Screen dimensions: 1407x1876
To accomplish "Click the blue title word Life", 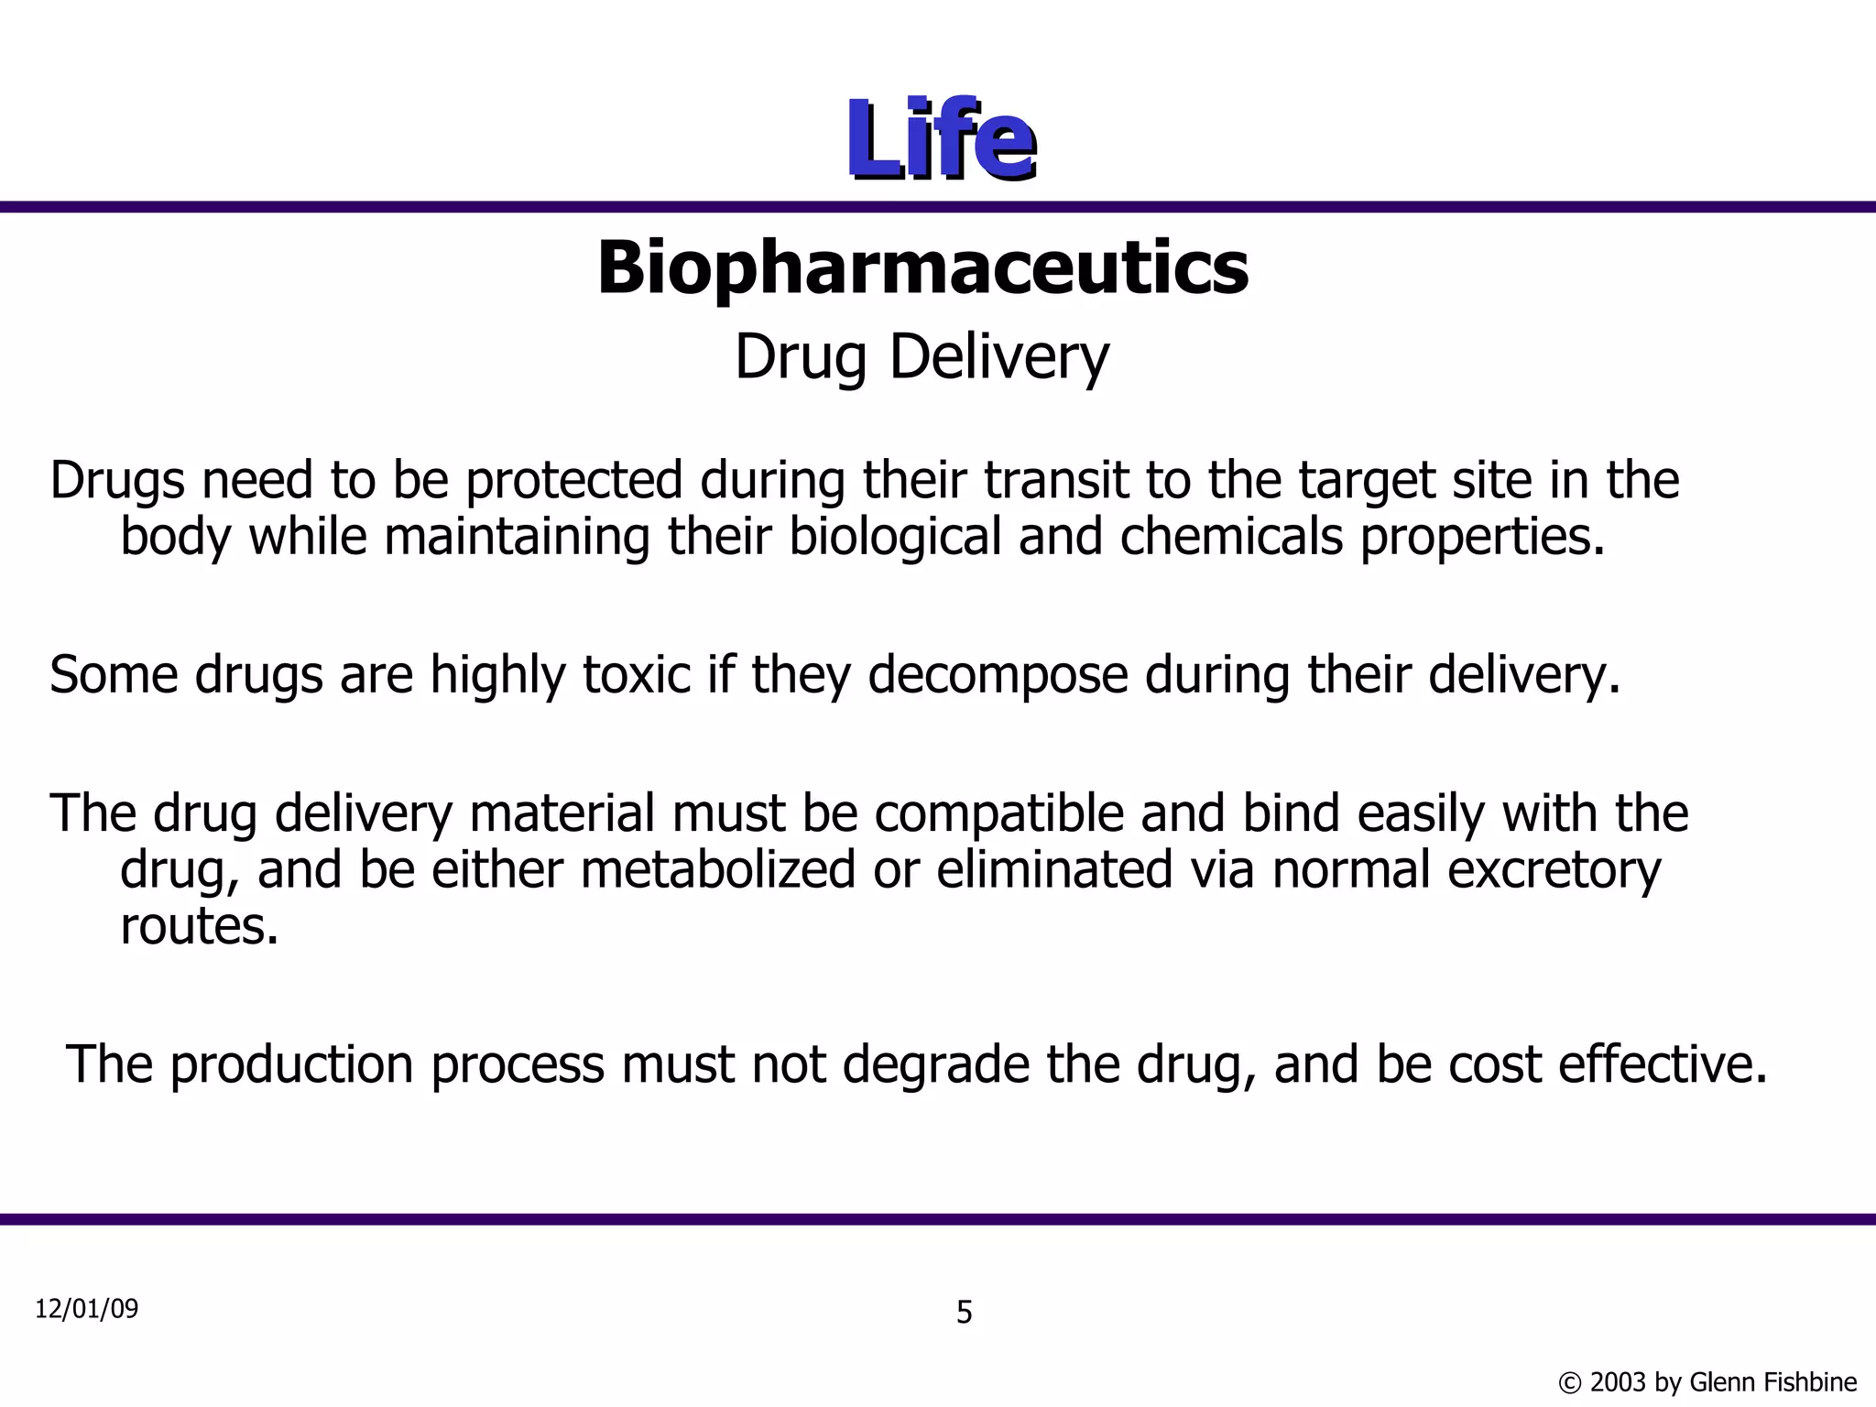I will point(940,140).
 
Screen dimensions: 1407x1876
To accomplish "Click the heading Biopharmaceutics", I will point(922,267).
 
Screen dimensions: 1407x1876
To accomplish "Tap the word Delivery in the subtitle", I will point(999,357).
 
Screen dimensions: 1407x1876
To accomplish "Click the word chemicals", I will point(1230,537).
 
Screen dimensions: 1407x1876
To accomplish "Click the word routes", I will point(199,927).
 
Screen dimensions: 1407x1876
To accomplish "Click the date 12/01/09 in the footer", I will point(86,1309).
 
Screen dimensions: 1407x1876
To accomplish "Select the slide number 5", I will point(964,1313).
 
